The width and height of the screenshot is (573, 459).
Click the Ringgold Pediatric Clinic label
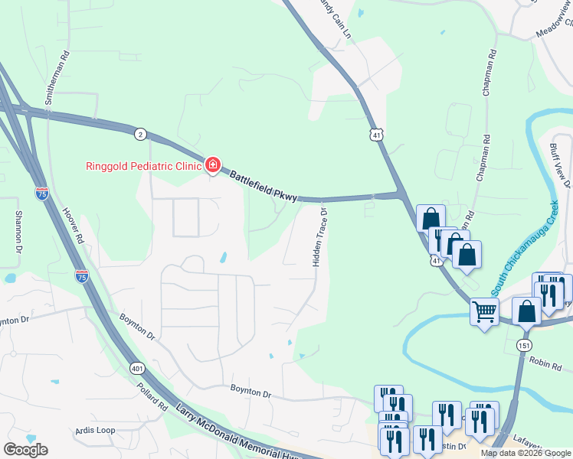point(142,165)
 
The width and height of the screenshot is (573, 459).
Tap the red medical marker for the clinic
point(212,164)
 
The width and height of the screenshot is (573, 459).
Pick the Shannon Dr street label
point(18,233)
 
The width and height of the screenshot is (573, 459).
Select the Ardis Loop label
point(96,430)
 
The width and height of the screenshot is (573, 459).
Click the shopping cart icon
point(484,312)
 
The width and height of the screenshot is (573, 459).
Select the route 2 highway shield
point(139,134)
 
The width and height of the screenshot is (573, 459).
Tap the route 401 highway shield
point(137,368)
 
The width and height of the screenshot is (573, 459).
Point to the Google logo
point(25,450)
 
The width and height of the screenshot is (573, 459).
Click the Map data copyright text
point(525,453)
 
